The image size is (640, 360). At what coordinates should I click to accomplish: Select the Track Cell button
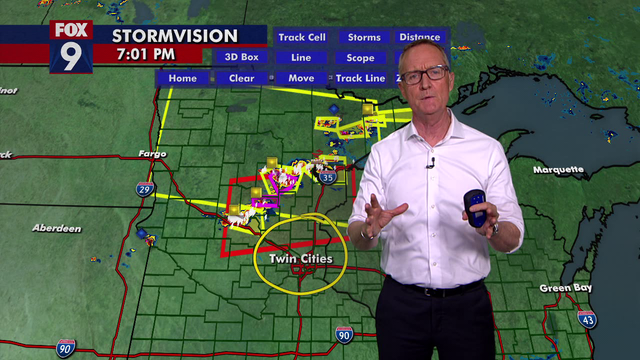pyautogui.click(x=301, y=37)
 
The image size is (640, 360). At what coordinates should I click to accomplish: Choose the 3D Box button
pyautogui.click(x=241, y=57)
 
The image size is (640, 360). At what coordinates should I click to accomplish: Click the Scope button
pyautogui.click(x=360, y=57)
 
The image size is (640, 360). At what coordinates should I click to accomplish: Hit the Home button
pyautogui.click(x=183, y=77)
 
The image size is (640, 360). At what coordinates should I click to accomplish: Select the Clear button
pyautogui.click(x=241, y=77)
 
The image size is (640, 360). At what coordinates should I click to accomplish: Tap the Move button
pyautogui.click(x=301, y=77)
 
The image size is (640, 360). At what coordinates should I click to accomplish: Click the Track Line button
pyautogui.click(x=360, y=77)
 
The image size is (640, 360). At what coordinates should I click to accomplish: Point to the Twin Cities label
pyautogui.click(x=301, y=259)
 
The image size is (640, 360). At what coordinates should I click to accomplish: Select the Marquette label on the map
pyautogui.click(x=558, y=170)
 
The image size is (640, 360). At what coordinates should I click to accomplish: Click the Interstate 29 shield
pyautogui.click(x=145, y=189)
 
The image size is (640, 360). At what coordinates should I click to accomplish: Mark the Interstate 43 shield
pyautogui.click(x=587, y=319)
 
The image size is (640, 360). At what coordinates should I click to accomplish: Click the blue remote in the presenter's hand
pyautogui.click(x=477, y=206)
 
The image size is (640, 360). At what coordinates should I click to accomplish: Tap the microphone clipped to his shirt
pyautogui.click(x=430, y=162)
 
